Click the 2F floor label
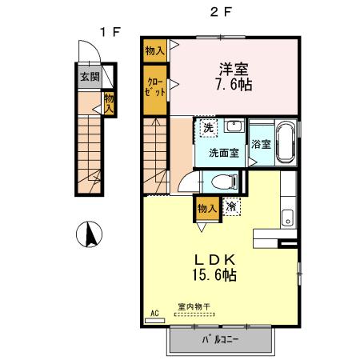221,12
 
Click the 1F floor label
110,32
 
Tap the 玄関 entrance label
90,77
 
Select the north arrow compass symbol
89,234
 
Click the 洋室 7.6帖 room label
234,77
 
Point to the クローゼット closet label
155,86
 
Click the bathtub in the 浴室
286,142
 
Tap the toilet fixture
224,182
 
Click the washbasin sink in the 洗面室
234,126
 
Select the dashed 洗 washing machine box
208,127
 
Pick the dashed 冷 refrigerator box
231,206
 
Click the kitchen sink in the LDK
287,218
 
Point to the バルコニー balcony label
220,339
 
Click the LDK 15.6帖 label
214,268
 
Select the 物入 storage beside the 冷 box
207,209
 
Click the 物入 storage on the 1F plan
109,103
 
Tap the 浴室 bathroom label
261,144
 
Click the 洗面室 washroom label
224,153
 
